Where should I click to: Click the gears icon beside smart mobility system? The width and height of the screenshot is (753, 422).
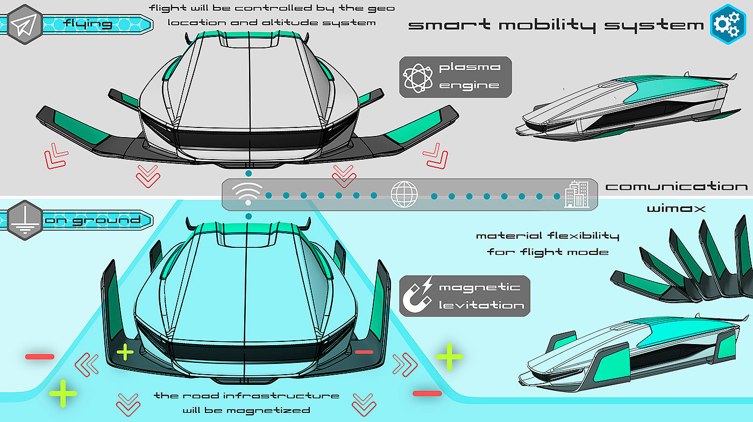pyautogui.click(x=727, y=24)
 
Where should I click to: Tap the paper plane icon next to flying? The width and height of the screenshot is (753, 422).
pyautogui.click(x=24, y=25)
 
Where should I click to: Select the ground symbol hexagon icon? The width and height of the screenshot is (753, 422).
pyautogui.click(x=25, y=220)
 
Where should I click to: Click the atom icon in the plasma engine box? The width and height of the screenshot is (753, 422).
pyautogui.click(x=418, y=77)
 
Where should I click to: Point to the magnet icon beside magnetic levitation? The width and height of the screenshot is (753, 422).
pyautogui.click(x=417, y=295)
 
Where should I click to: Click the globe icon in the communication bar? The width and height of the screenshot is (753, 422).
pyautogui.click(x=404, y=194)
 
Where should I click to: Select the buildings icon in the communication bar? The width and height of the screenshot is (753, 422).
pyautogui.click(x=577, y=194)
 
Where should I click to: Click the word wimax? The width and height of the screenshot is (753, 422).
pyautogui.click(x=676, y=209)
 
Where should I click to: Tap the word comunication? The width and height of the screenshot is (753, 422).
pyautogui.click(x=677, y=186)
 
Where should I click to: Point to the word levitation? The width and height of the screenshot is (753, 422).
pyautogui.click(x=481, y=305)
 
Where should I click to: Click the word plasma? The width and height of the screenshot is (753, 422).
pyautogui.click(x=470, y=68)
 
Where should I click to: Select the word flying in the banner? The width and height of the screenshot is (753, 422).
pyautogui.click(x=88, y=24)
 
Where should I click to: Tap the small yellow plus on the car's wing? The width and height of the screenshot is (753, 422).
pyautogui.click(x=125, y=352)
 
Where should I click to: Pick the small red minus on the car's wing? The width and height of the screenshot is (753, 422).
pyautogui.click(x=364, y=352)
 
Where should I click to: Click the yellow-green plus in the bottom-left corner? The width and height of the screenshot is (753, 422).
pyautogui.click(x=63, y=393)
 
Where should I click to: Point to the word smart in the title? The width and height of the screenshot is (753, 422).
pyautogui.click(x=449, y=25)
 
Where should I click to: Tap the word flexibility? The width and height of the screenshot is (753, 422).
pyautogui.click(x=583, y=236)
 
